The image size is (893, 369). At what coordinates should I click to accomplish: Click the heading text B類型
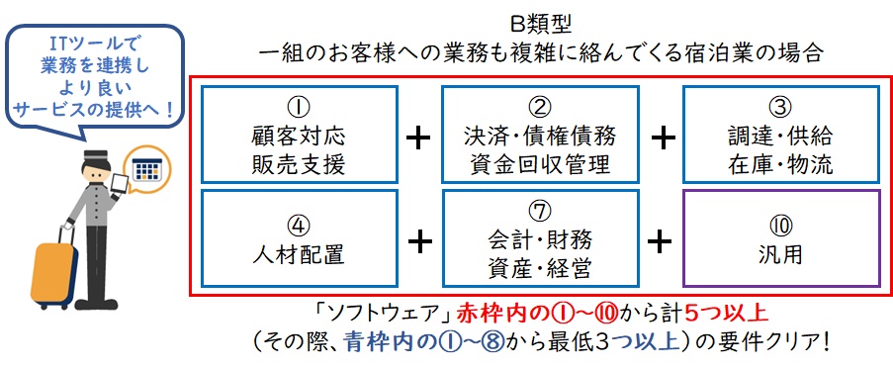point(539,25)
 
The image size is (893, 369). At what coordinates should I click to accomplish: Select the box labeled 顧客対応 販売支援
point(299,135)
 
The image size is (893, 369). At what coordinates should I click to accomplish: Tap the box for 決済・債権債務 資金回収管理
point(540,135)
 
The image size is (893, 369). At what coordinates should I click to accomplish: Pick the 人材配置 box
point(299,238)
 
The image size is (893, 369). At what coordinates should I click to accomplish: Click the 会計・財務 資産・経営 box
point(540,238)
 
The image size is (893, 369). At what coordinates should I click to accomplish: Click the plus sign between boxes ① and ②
point(418,138)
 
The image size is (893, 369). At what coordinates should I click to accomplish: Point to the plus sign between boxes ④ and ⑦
point(420,242)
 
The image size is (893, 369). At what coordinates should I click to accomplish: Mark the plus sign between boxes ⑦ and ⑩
point(660,242)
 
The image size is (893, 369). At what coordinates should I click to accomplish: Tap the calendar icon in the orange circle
point(145,169)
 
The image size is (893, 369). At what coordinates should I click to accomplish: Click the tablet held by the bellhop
point(121,183)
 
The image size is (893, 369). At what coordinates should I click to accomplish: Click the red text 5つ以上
point(726,314)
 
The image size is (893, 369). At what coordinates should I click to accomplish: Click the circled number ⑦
point(540,212)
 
